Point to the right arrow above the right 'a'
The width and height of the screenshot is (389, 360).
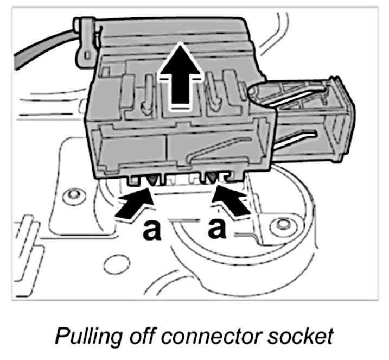tap(231, 200)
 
